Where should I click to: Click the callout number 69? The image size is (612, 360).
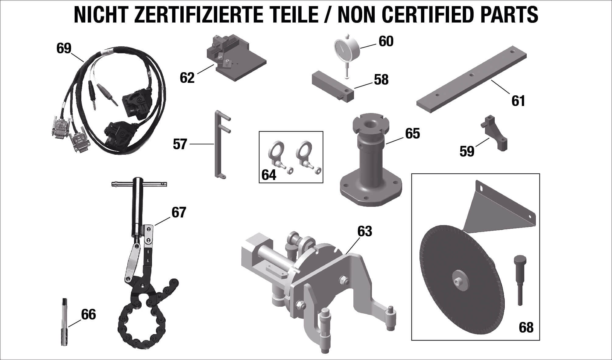(64, 48)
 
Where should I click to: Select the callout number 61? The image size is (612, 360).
(518, 101)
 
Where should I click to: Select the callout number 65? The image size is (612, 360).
(412, 133)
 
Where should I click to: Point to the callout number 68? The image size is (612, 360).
(526, 328)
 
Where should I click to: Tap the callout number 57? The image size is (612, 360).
(180, 144)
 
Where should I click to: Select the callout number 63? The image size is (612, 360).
(365, 231)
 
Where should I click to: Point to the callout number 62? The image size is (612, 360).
(187, 78)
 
